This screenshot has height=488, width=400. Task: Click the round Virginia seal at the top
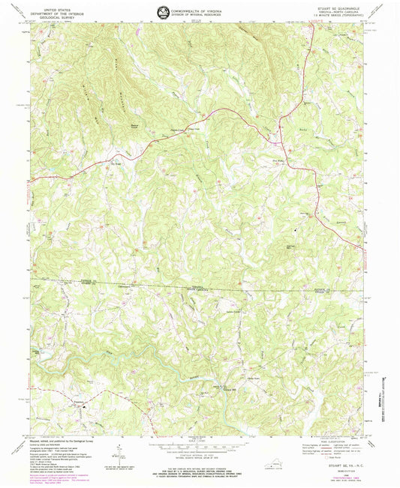pos(164,10)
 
